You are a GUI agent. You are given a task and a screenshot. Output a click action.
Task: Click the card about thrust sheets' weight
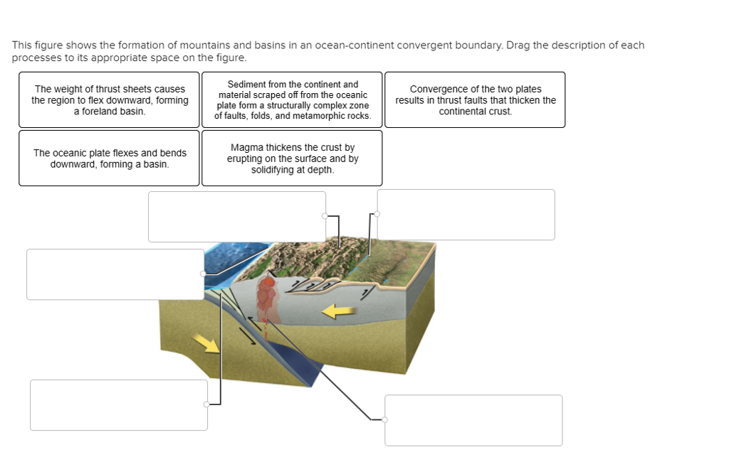pyautogui.click(x=109, y=100)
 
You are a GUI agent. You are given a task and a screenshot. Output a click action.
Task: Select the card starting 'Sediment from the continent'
pyautogui.click(x=292, y=100)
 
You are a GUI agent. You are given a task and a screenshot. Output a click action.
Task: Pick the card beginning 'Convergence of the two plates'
pyautogui.click(x=476, y=100)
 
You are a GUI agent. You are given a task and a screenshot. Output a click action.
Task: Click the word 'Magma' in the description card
pyautogui.click(x=246, y=147)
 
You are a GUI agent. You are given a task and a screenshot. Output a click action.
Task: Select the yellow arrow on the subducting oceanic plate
pyautogui.click(x=207, y=343)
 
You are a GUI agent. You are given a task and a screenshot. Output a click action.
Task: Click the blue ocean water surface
pyautogui.click(x=235, y=256)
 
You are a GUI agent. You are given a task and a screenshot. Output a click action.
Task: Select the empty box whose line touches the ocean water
pyautogui.click(x=115, y=274)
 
